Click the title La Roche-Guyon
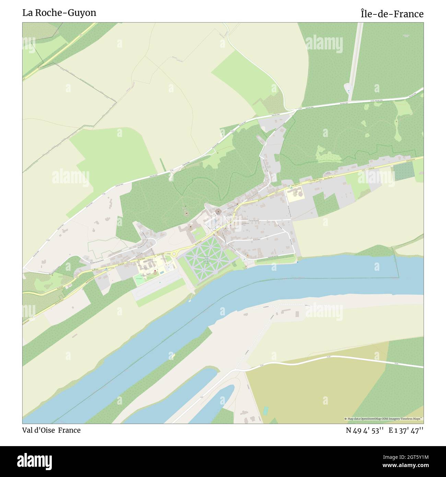59,13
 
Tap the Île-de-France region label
392,14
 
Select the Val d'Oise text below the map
38,430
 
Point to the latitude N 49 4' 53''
364,430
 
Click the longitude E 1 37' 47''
406,430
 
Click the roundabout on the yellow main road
174,254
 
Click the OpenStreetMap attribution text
384,419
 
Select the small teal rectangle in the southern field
265,410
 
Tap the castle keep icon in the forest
186,213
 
